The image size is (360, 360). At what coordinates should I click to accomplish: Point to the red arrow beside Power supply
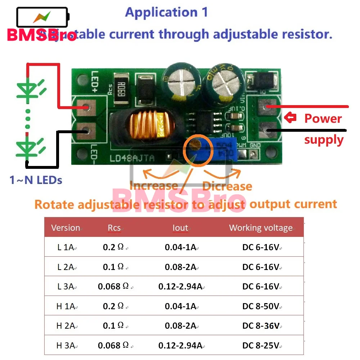pos(290,117)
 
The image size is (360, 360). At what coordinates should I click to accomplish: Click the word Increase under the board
pos(154,186)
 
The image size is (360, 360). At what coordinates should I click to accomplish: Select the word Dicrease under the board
pos(227,186)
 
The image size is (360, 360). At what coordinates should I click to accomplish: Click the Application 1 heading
pos(166,13)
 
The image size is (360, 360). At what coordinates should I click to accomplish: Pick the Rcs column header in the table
pos(115,228)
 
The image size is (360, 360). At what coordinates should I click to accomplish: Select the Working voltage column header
pos(261,228)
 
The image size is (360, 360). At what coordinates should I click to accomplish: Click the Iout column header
pos(180,228)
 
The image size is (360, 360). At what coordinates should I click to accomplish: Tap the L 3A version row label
pos(66,287)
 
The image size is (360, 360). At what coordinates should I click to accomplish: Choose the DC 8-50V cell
pos(261,306)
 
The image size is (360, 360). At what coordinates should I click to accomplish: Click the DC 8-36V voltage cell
pos(261,326)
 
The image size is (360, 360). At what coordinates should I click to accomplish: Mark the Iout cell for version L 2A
pos(180,267)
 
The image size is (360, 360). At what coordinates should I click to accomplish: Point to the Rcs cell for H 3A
pos(113,346)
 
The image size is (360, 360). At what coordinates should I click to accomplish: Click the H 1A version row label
pos(66,306)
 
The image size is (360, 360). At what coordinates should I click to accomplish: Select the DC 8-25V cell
pos(261,346)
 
